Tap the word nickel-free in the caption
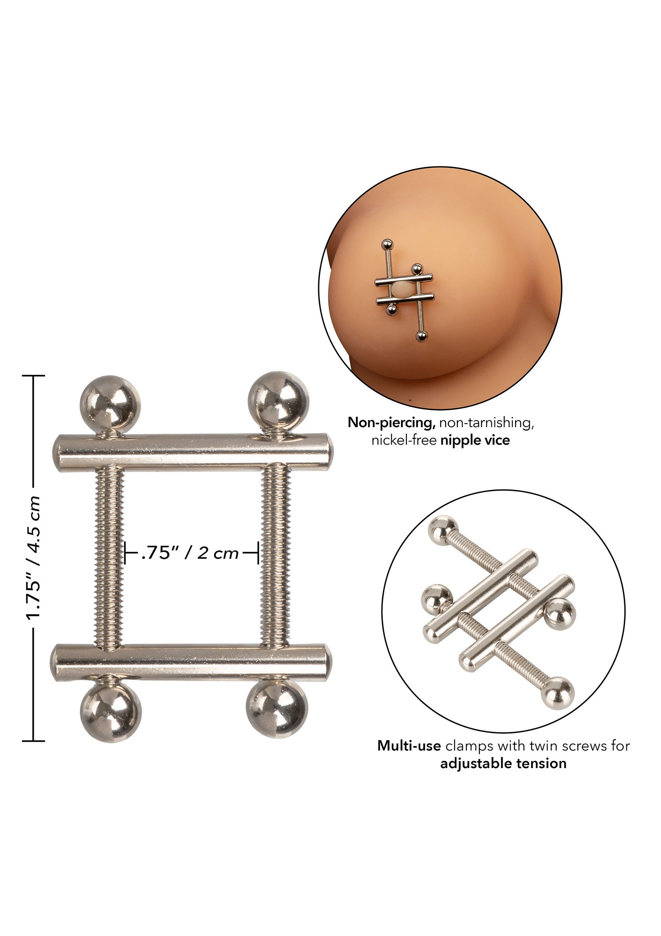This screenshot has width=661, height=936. [404, 441]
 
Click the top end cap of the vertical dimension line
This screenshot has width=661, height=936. [33, 376]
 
